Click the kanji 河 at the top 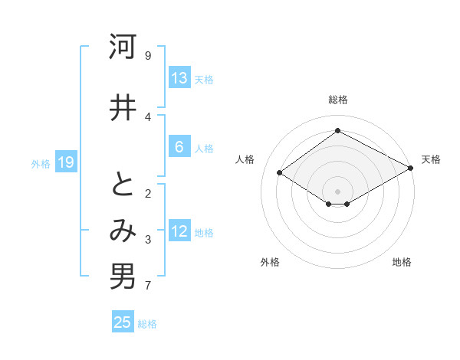(x=123, y=47)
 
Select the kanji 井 (x=123, y=107)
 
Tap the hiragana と (x=123, y=185)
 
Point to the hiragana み (x=123, y=231)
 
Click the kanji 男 (x=123, y=277)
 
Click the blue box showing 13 (x=179, y=78)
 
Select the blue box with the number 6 (x=179, y=147)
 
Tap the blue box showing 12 (x=179, y=231)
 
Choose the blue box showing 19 (x=65, y=162)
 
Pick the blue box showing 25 (x=123, y=322)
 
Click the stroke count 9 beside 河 (x=148, y=55)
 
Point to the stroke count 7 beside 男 (x=148, y=286)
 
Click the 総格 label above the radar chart (x=337, y=100)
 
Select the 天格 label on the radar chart (x=431, y=159)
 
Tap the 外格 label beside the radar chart (x=270, y=262)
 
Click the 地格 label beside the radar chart (x=402, y=262)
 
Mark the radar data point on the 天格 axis (x=411, y=169)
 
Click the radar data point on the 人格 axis (x=280, y=173)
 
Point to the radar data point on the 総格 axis (x=337, y=130)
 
